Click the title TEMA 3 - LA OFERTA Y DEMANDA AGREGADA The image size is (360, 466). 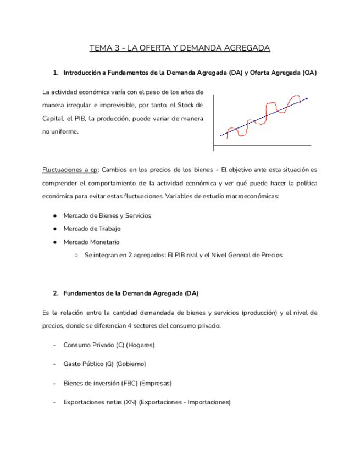[x=180, y=49]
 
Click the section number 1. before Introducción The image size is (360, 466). [x=56, y=73]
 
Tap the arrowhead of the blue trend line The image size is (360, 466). [x=306, y=99]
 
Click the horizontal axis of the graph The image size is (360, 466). [x=262, y=145]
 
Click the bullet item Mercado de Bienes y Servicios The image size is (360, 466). [x=107, y=215]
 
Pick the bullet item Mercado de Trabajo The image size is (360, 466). [x=92, y=229]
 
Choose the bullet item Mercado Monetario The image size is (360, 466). [x=91, y=242]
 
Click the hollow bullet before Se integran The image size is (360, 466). [x=76, y=255]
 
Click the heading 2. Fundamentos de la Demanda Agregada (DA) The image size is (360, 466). [x=130, y=293]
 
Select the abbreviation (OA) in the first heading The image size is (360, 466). [x=309, y=73]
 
